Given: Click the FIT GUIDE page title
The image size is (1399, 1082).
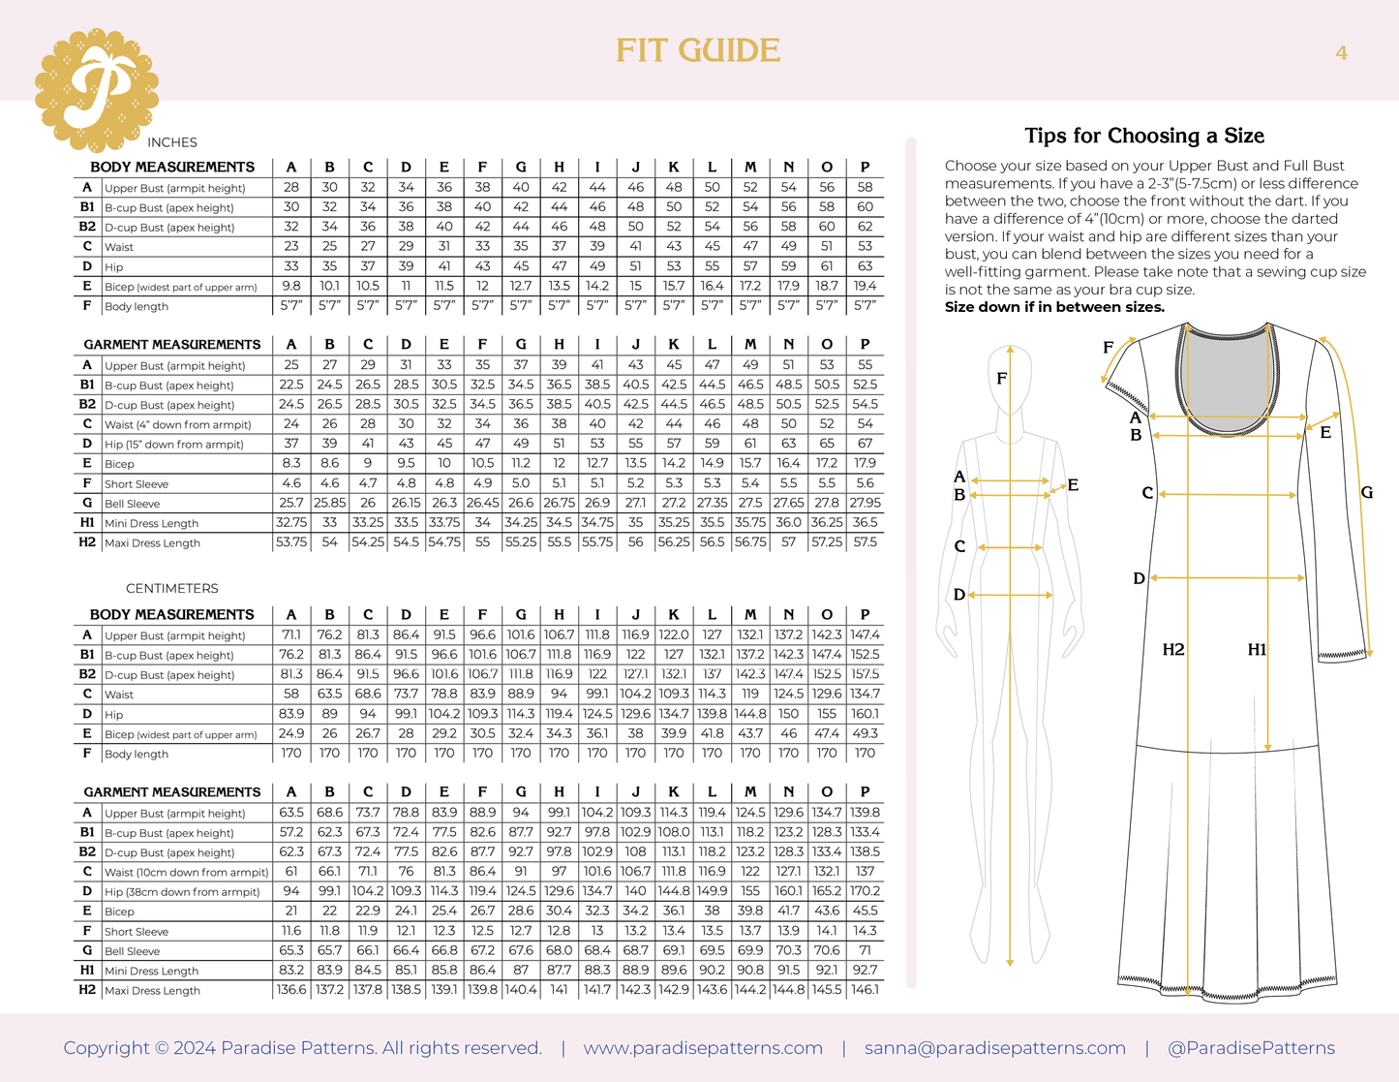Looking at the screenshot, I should click(698, 51).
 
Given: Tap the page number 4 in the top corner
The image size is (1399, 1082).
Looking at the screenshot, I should click(1341, 53).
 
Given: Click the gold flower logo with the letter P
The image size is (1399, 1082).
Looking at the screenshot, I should click(96, 90).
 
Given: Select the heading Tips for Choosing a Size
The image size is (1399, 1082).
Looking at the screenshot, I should click(1144, 136).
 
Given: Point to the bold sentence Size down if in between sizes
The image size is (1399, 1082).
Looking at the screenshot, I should click(1054, 308).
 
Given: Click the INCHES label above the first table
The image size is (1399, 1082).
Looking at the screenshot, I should click(172, 142).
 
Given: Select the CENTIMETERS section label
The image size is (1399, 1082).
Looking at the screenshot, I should click(172, 589).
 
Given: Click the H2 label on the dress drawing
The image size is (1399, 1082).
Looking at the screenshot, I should click(1173, 650).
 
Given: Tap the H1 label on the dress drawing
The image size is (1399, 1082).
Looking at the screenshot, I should click(1257, 650).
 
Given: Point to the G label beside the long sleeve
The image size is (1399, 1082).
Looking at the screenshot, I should click(1366, 493).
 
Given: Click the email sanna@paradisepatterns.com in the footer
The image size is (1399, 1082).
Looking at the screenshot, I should click(994, 1048).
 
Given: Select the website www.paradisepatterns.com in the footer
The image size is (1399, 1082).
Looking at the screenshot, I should click(703, 1048).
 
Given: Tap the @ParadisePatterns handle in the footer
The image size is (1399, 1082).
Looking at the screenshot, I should click(1251, 1048).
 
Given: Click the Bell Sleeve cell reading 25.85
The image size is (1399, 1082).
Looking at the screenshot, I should click(329, 504).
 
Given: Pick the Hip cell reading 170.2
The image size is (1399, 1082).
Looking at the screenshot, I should click(865, 892).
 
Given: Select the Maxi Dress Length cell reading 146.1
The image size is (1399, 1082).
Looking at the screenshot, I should click(865, 990).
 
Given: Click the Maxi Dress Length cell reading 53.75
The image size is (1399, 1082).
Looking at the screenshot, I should click(291, 542).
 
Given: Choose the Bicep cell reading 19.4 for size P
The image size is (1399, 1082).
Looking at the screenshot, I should click(865, 287).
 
